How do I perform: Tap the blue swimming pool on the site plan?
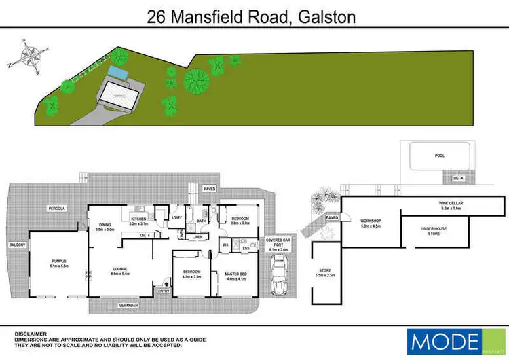tap(117, 71)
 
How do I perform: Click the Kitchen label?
tap(138, 219)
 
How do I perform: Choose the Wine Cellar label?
tap(451, 203)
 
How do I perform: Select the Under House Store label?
tap(434, 231)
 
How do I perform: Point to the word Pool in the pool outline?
tap(439, 156)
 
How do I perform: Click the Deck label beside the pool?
tap(458, 179)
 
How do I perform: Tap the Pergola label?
tap(56, 208)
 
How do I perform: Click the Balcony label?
tap(17, 245)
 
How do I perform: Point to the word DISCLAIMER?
tap(31, 334)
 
